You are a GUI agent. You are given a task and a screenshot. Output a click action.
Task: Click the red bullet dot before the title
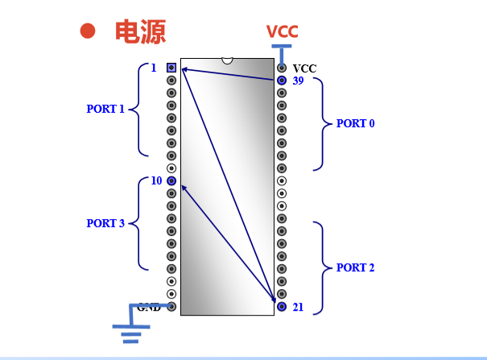(x=88, y=31)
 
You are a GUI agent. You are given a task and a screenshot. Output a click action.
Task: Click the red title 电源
(x=140, y=31)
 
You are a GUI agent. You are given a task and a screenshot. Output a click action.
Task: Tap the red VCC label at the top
(x=283, y=31)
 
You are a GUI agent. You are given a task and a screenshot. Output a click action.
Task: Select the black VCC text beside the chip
(x=305, y=68)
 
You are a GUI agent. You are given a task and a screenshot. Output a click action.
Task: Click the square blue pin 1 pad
(x=171, y=68)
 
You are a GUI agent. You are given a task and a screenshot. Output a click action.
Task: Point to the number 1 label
(x=153, y=68)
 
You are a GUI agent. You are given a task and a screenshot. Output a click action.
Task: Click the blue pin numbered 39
(x=282, y=81)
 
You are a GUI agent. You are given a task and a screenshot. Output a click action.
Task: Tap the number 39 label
(x=298, y=81)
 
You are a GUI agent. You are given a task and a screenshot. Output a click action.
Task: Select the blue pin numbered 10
(x=171, y=180)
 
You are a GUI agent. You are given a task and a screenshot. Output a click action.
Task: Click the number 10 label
(x=156, y=180)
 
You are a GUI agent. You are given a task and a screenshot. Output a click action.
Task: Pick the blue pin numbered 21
(x=282, y=307)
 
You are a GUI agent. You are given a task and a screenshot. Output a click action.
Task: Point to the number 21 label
(x=298, y=307)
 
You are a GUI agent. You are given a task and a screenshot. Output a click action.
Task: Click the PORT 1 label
(x=105, y=109)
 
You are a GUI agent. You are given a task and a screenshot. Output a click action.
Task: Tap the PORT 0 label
(x=355, y=124)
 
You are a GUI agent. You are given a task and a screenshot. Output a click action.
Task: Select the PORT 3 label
(x=105, y=224)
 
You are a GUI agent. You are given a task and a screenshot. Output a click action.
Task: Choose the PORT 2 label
(x=355, y=267)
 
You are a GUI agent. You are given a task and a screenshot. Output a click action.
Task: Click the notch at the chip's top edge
(x=227, y=60)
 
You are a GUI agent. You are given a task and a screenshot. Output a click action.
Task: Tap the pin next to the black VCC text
(x=282, y=68)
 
